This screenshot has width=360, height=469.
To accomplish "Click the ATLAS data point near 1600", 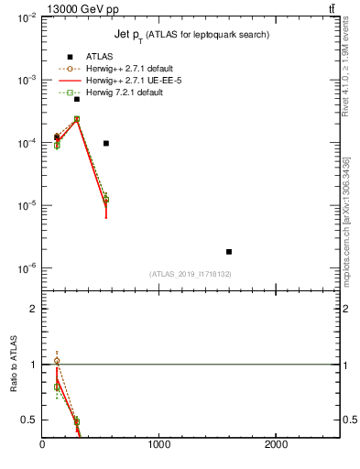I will tap(228, 251).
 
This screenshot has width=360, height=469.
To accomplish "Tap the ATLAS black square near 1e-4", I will tap(106, 143).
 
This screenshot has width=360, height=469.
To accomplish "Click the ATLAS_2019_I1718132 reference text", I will tap(191, 274).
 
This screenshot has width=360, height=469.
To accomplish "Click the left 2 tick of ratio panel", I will tap(33, 309).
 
